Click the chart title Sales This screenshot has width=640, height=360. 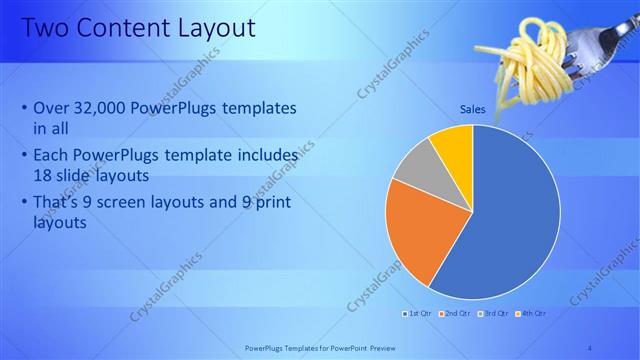[473, 108]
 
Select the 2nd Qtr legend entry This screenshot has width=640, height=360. [459, 314]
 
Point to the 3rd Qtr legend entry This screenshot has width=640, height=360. [496, 314]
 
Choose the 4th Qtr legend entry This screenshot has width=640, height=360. [532, 314]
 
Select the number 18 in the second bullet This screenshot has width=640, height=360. [44, 174]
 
